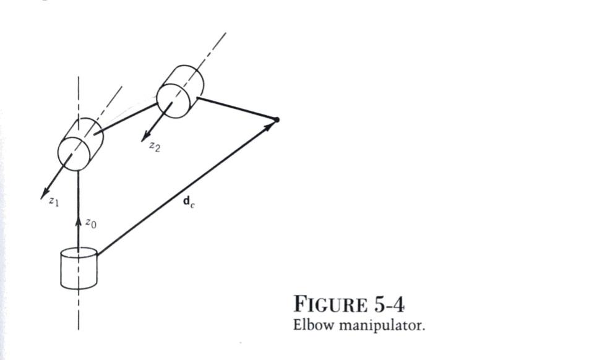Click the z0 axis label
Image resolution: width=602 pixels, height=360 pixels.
click(90, 223)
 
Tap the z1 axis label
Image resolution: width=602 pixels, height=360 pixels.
click(54, 202)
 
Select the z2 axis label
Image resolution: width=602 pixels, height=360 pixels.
click(155, 147)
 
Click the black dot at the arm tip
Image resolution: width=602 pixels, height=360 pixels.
click(277, 119)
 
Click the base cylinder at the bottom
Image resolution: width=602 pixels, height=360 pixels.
click(79, 268)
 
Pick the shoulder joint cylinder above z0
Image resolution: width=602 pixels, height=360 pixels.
click(80, 145)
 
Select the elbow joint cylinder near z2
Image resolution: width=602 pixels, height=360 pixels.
click(179, 92)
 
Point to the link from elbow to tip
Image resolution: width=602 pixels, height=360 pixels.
click(238, 108)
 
